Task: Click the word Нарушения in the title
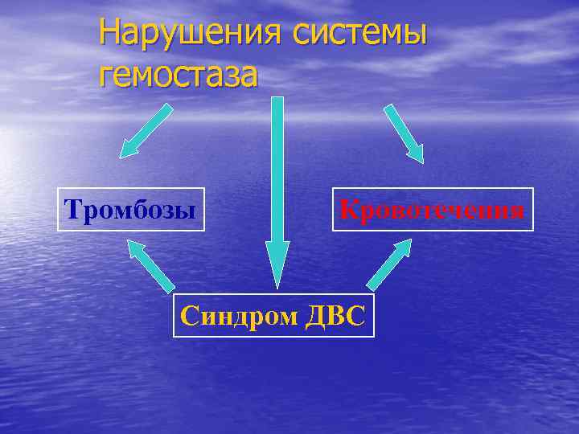click(x=189, y=33)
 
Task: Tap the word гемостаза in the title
click(x=179, y=75)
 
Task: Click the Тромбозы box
click(x=131, y=209)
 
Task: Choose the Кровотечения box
click(x=433, y=209)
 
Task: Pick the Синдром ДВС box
click(x=274, y=315)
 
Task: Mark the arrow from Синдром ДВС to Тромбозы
click(x=150, y=264)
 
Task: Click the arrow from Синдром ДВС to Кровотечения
click(x=389, y=264)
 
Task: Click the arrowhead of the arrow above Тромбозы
click(x=129, y=149)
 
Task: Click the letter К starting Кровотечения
click(x=348, y=210)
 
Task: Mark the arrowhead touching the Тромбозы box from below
click(x=136, y=248)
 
